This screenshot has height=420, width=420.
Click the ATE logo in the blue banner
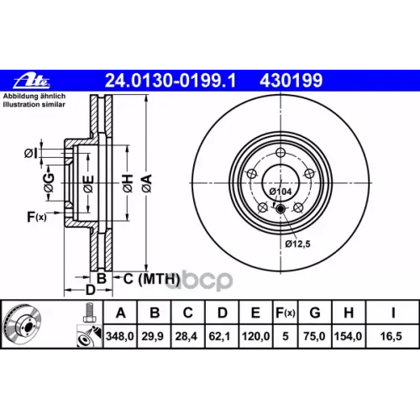[32, 81]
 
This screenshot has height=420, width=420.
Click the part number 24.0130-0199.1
[171, 81]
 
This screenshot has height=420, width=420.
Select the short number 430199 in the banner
[291, 81]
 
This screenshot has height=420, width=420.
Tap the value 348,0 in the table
[120, 336]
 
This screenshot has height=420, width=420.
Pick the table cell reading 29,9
[153, 336]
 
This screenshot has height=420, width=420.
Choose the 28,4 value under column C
[186, 336]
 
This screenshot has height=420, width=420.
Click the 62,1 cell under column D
[219, 336]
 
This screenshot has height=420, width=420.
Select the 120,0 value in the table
[255, 336]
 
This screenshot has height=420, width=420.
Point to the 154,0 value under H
[348, 336]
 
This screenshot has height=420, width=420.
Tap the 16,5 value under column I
[391, 336]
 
